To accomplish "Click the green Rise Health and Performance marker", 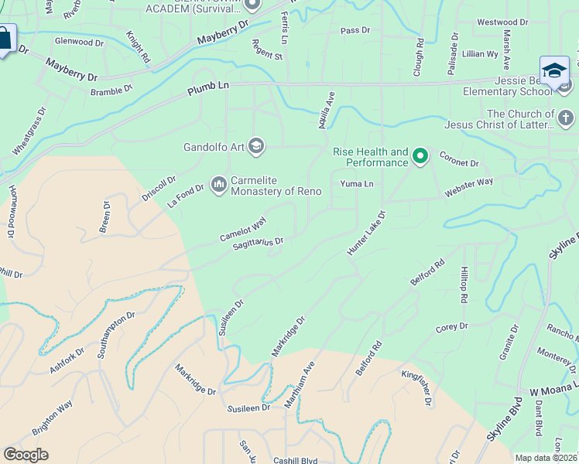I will [x=420, y=157].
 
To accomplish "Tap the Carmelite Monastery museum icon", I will [x=218, y=184].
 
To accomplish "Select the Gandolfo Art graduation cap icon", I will [x=257, y=146].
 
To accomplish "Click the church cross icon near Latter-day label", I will [x=566, y=118].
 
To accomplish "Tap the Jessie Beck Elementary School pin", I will [x=554, y=71].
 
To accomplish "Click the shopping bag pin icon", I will [x=5, y=39].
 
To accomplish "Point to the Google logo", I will [x=26, y=455].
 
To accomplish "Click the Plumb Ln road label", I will [x=209, y=90].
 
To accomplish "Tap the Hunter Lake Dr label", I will [x=366, y=231].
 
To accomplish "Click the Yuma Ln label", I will [x=357, y=184].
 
